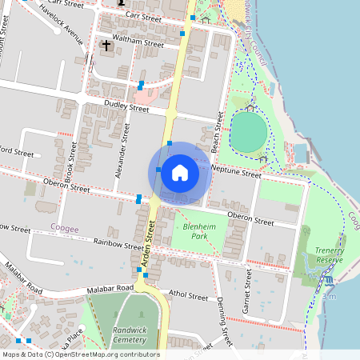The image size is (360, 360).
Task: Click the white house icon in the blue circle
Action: click(x=180, y=173)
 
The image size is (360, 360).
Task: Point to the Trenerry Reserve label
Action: click(x=328, y=254)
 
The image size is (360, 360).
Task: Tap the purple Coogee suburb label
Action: click(x=65, y=228)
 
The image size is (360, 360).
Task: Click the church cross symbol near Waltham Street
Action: click(x=106, y=46)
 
